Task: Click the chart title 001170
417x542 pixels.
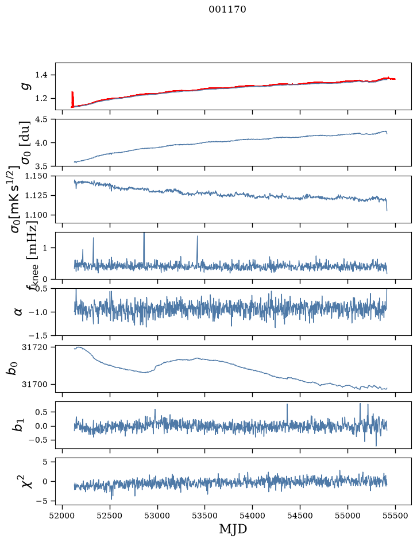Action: [x=227, y=9]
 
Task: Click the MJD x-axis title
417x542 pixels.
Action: [x=233, y=529]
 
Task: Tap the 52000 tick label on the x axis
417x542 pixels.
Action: [x=62, y=516]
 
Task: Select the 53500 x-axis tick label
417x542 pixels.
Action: [x=205, y=516]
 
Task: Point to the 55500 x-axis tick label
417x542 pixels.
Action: [x=395, y=516]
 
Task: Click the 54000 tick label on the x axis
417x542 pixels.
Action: [x=252, y=516]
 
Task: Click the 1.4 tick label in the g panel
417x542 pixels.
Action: [x=42, y=75]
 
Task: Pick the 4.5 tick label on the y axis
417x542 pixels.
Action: [x=42, y=119]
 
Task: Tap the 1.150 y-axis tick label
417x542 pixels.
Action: [x=36, y=176]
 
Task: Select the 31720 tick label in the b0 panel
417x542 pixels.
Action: [x=34, y=347]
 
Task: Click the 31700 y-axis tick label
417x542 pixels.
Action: [x=34, y=384]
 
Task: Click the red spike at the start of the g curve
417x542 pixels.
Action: [x=72, y=99]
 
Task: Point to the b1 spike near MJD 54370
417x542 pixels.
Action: [x=287, y=413]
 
